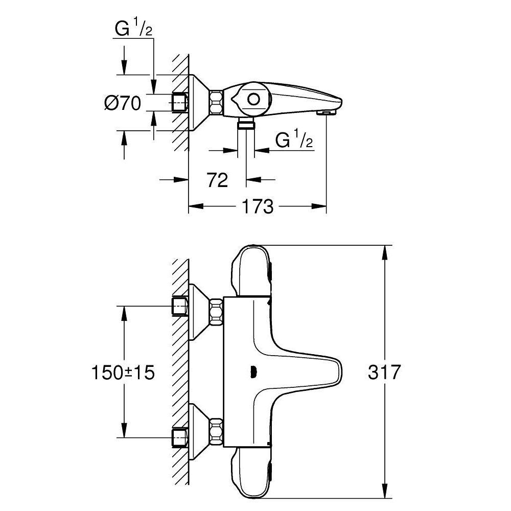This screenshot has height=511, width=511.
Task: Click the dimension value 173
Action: click(258, 206)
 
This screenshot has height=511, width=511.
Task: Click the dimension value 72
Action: click(218, 179)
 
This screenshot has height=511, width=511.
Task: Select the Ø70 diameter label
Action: click(122, 104)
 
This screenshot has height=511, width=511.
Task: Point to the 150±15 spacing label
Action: click(123, 372)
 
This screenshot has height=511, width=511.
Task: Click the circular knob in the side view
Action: click(253, 99)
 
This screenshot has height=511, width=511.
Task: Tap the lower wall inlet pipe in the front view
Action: click(178, 437)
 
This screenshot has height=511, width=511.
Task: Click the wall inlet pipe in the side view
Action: click(178, 103)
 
